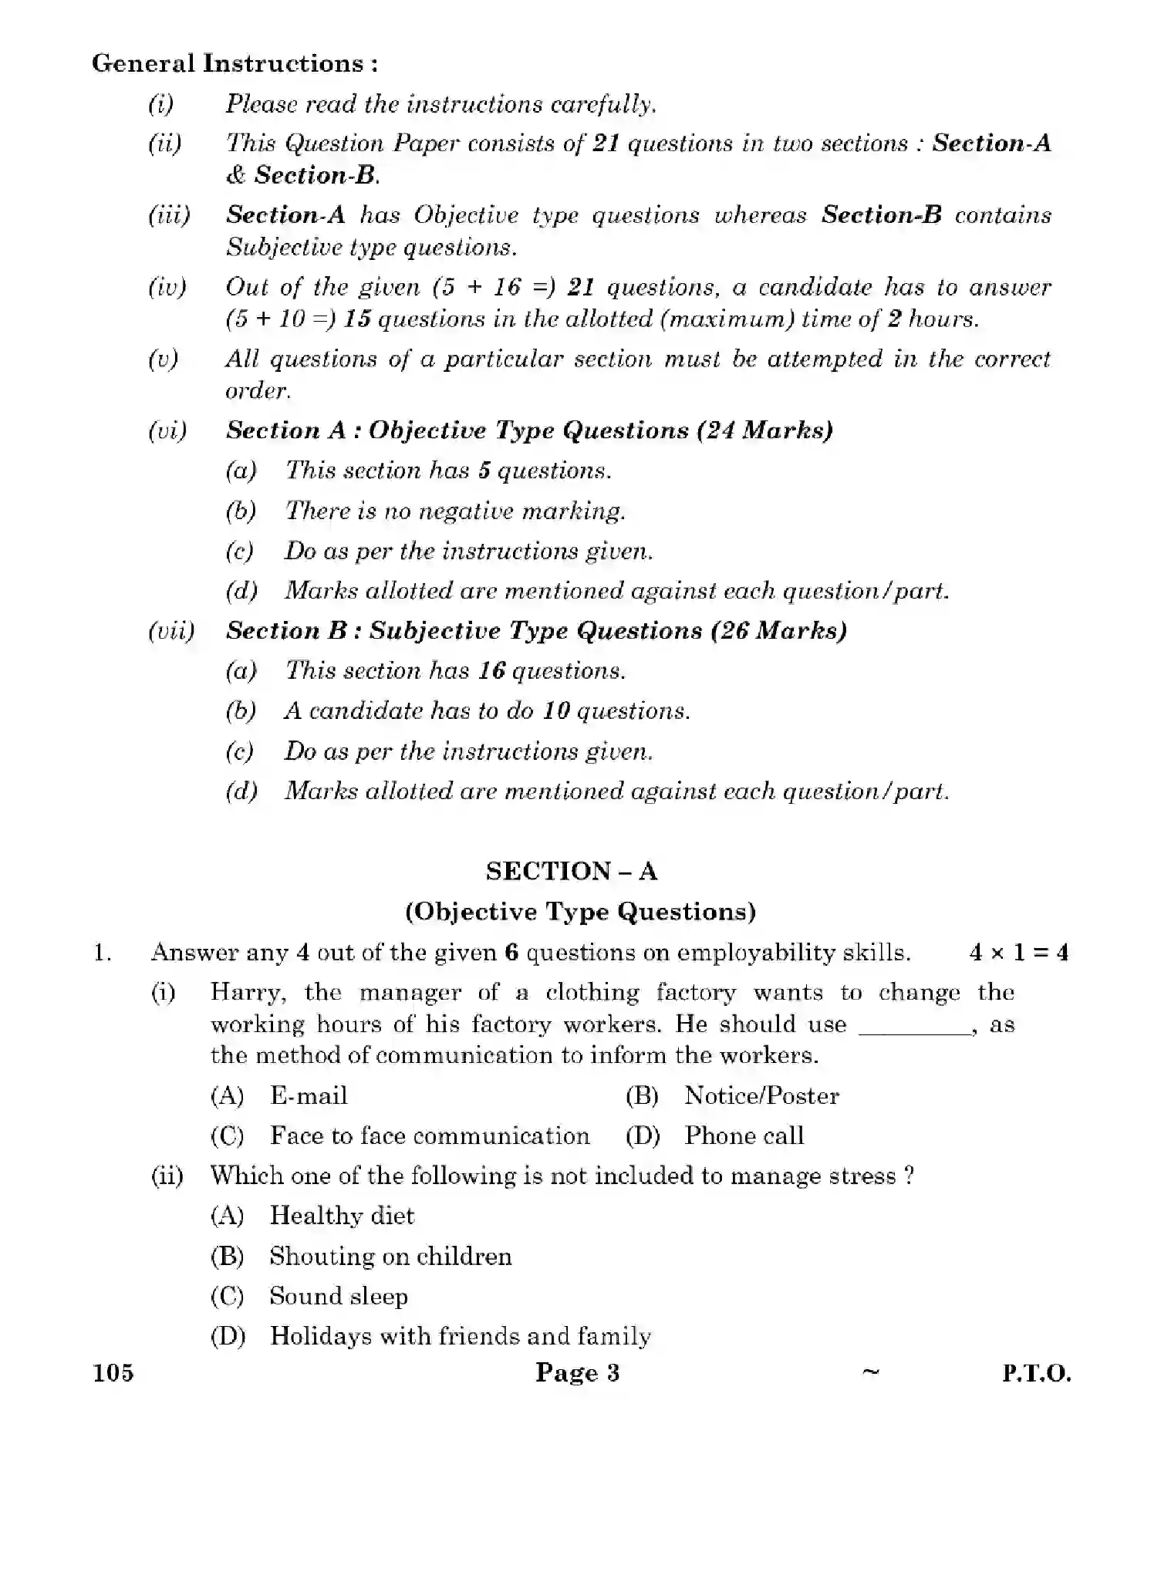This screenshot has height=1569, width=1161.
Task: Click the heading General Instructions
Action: coord(235,63)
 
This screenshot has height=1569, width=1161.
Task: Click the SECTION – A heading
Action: coord(571,871)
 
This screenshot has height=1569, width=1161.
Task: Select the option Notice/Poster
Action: coord(761,1095)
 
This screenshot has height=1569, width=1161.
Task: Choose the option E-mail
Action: coord(308,1095)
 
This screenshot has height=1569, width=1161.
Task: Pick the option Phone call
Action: coord(744,1135)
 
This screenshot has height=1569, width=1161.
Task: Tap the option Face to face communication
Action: coord(429,1135)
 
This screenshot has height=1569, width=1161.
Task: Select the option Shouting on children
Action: coord(390,1256)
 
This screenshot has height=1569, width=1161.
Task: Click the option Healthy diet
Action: coord(341,1216)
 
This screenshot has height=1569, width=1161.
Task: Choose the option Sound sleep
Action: coord(338,1296)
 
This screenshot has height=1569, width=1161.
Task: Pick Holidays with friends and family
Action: coord(460,1336)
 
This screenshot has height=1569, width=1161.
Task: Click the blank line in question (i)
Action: coord(913,1031)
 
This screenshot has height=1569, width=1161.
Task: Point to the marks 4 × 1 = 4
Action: coord(1018,953)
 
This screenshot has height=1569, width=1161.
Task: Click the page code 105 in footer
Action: coord(113,1373)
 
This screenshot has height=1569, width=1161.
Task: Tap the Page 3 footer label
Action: coord(577,1373)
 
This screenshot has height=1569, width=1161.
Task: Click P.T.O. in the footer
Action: coord(1036,1374)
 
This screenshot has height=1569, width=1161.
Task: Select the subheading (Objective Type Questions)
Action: coord(580,912)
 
